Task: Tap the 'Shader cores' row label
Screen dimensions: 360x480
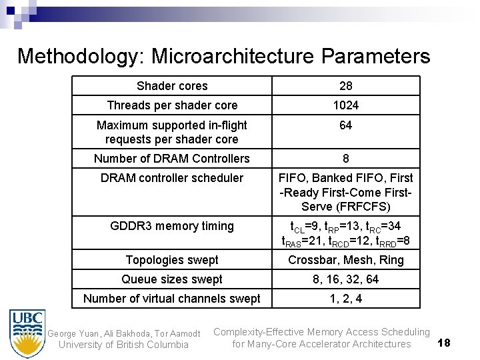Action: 172,86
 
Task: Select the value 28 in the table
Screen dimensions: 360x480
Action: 345,86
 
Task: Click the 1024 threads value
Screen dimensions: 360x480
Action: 345,105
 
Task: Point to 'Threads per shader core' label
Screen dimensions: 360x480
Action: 172,105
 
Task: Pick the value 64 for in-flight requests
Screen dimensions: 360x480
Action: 345,126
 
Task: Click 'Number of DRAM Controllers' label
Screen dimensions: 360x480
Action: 172,159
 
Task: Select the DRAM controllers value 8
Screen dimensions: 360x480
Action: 345,159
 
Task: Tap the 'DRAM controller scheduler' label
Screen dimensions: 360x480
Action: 172,178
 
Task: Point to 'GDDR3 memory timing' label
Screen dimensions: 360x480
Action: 172,226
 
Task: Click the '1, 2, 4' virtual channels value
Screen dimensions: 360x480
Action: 345,299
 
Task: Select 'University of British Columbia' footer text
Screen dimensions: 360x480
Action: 123,345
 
